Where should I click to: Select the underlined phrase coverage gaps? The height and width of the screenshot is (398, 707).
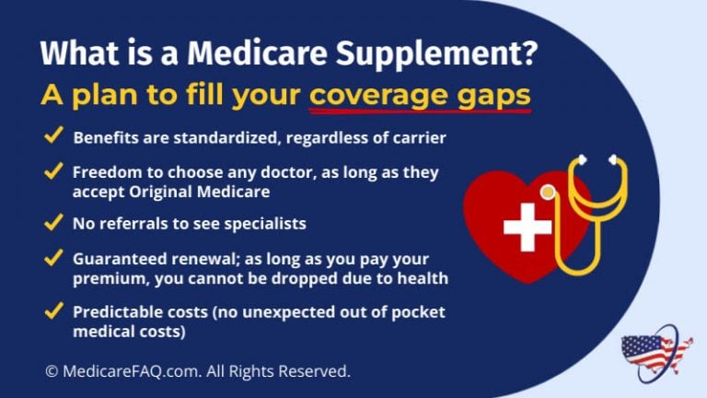pos(420,96)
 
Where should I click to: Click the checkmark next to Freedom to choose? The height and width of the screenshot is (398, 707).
pos(53,172)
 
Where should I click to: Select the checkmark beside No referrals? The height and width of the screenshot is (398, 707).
pos(53,222)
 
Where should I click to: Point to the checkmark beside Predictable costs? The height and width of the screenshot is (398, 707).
pos(53,310)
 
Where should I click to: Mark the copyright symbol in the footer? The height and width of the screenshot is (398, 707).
pos(52,371)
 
